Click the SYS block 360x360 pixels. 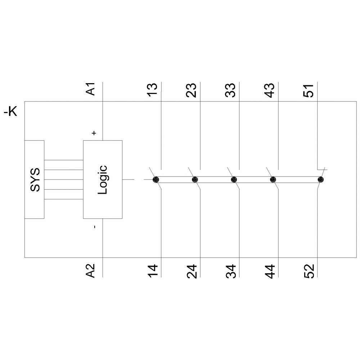click(35, 179)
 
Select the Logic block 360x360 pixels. click(103, 179)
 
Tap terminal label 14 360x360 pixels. click(153, 271)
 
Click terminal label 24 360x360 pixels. click(192, 271)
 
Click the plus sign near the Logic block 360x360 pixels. click(94, 133)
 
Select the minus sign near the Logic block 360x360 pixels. click(94, 227)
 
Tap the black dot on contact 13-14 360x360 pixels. click(156, 179)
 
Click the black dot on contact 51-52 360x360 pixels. click(321, 179)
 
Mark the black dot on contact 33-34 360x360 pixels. click(234, 179)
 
